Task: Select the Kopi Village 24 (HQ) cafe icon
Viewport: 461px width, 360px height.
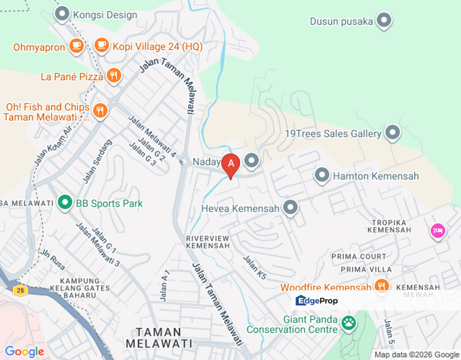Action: click(101, 45)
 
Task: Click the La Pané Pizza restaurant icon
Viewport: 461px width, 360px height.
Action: click(114, 75)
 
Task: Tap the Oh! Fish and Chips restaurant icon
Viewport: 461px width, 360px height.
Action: click(100, 110)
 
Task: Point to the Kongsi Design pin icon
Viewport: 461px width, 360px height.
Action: click(62, 14)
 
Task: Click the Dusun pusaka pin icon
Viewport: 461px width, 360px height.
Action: click(384, 20)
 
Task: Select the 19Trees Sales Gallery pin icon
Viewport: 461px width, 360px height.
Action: click(392, 133)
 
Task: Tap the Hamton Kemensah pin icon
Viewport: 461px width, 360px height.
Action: click(322, 175)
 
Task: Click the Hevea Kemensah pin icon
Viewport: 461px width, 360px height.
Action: click(290, 207)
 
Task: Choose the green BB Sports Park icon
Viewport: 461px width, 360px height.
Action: click(64, 203)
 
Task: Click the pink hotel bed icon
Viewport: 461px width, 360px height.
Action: click(437, 230)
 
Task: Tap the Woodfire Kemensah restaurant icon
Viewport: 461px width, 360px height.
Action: click(381, 286)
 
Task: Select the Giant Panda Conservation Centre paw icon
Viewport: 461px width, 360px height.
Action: click(348, 323)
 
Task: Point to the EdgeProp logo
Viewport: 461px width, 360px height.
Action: click(317, 300)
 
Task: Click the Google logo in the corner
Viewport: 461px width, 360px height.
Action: click(24, 351)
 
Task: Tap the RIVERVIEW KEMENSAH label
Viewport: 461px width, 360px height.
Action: click(207, 241)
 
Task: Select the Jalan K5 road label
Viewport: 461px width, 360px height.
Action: click(254, 267)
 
